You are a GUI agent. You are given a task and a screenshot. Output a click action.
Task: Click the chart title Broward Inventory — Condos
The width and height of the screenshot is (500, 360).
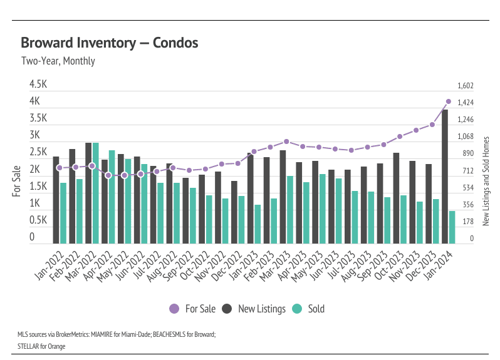(109, 43)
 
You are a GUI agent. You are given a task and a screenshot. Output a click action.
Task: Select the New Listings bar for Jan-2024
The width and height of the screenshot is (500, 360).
(445, 177)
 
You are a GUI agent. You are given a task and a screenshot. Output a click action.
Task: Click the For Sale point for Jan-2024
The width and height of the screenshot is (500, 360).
(449, 101)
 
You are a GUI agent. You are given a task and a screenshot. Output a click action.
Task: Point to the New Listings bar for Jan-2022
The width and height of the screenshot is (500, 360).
(56, 200)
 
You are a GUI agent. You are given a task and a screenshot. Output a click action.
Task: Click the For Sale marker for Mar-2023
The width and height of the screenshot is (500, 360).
(286, 141)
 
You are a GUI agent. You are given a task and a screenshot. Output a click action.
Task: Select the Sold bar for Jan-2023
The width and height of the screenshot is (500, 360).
(258, 224)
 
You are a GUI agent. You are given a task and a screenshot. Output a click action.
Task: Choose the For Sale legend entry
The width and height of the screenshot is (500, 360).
(193, 309)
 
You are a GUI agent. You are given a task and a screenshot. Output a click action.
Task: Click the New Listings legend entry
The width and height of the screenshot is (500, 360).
(254, 309)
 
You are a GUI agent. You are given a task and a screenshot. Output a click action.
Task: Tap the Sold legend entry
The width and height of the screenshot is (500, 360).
(310, 309)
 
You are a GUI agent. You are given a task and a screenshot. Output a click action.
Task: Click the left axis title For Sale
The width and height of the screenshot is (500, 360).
(17, 181)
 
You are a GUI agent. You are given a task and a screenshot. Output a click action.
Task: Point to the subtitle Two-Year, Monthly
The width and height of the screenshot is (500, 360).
(58, 61)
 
